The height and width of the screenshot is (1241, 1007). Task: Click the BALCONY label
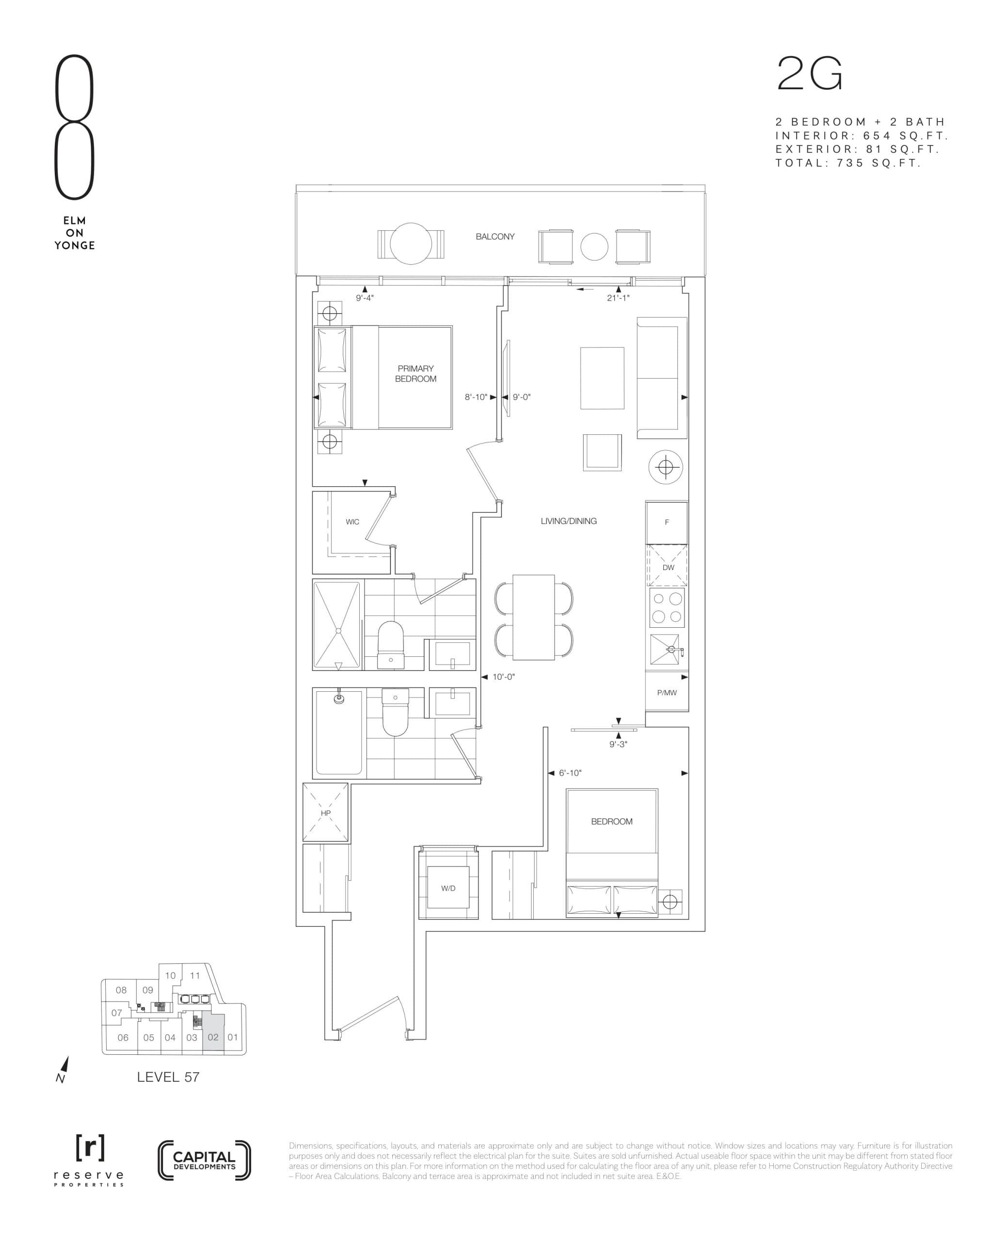coord(495,237)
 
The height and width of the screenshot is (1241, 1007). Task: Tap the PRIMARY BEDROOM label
coord(416,373)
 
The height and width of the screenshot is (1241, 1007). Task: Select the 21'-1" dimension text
coord(618,298)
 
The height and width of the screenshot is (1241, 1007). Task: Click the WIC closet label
coord(352,522)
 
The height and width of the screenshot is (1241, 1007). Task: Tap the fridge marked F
coord(667,523)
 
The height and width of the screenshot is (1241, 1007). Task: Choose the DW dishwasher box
coord(668,567)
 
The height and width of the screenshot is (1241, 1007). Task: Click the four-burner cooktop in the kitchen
coord(667,608)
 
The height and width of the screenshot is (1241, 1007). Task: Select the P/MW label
coord(667,692)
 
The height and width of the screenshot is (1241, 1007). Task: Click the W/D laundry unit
coord(448,888)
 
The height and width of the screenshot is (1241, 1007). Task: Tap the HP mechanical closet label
coord(325,813)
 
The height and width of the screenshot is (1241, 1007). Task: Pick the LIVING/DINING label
coord(568,521)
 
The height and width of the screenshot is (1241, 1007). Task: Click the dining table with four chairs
coord(534,617)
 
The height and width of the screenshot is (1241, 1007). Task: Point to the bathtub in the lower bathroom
coord(339,733)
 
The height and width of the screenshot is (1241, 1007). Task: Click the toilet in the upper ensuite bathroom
coord(390,644)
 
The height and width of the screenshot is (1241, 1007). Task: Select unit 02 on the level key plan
coord(213,1037)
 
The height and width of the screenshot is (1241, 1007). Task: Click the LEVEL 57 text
coord(168,1077)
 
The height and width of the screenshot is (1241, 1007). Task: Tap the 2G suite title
coord(809,74)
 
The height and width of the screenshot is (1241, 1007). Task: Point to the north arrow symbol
coord(64,1068)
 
